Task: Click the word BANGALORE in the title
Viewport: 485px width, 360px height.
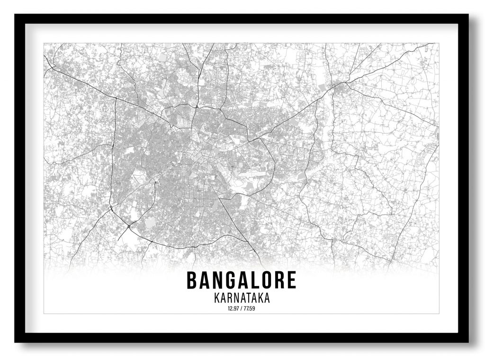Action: coord(241,280)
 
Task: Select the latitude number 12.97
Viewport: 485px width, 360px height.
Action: coord(234,309)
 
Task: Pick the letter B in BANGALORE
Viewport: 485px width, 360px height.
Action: coord(192,280)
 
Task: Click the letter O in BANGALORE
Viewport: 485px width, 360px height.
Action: coord(266,280)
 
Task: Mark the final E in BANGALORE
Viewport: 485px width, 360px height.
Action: coord(291,280)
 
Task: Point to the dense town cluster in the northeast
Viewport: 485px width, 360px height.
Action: coord(341,87)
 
